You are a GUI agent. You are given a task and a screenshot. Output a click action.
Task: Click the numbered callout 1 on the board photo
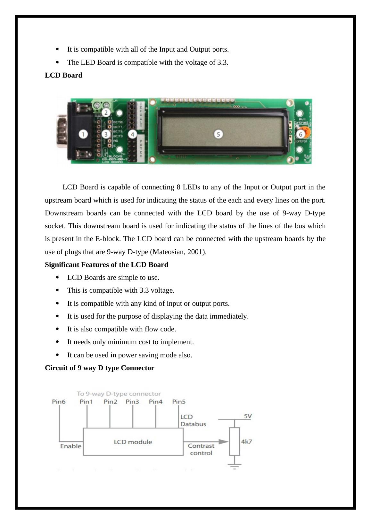click(x=83, y=134)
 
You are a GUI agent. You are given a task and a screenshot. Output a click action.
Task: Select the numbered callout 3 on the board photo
click(x=106, y=134)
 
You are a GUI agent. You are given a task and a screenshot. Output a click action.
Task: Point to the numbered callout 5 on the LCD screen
click(x=218, y=134)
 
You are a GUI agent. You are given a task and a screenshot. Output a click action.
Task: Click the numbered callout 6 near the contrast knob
click(x=301, y=134)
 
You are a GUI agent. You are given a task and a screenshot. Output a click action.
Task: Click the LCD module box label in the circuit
click(x=133, y=442)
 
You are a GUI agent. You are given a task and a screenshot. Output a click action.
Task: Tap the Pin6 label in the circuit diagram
click(x=59, y=402)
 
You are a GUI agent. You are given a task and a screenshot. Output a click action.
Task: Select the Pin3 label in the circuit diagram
click(x=132, y=402)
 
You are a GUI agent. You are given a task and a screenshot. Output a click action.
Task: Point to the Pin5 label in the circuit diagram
click(x=179, y=402)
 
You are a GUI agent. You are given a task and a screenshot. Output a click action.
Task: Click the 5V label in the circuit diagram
click(x=248, y=416)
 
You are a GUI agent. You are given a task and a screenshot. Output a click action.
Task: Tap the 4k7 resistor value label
click(x=246, y=442)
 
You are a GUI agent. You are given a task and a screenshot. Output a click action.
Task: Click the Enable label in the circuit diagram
click(x=70, y=446)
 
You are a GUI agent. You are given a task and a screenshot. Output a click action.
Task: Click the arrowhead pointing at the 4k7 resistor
click(x=225, y=442)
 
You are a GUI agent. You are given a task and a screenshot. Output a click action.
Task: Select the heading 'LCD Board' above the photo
click(x=63, y=75)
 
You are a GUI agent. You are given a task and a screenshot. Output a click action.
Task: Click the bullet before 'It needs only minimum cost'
click(x=57, y=342)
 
